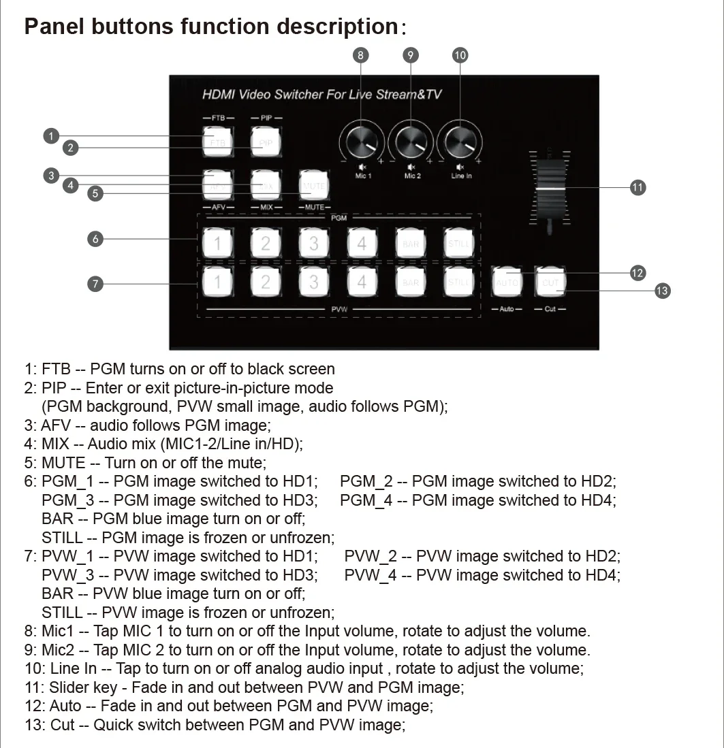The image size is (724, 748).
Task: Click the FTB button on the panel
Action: [217, 143]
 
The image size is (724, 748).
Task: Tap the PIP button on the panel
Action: [266, 143]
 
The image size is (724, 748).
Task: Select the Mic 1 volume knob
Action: [362, 143]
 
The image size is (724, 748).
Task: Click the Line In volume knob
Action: [460, 143]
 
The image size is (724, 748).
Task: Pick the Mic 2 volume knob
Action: [411, 143]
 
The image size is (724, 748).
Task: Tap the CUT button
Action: [551, 281]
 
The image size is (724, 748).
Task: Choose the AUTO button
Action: [507, 281]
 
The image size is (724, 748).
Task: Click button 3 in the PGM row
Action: [313, 243]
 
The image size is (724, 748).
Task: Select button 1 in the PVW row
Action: [217, 281]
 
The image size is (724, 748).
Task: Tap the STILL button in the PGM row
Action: [458, 243]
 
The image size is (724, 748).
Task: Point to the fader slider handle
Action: [549, 187]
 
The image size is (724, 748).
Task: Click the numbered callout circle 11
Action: [638, 187]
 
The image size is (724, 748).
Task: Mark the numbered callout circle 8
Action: [361, 55]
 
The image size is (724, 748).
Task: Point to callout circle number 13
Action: [661, 291]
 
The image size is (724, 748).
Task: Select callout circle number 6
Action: [95, 238]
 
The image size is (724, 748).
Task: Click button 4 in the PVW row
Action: [362, 281]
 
